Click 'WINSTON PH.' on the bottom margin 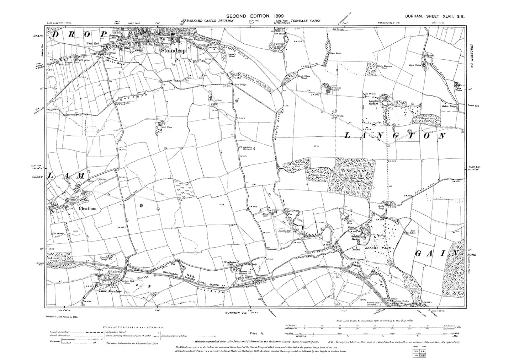tap(236, 313)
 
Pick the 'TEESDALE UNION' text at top tap(306, 21)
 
